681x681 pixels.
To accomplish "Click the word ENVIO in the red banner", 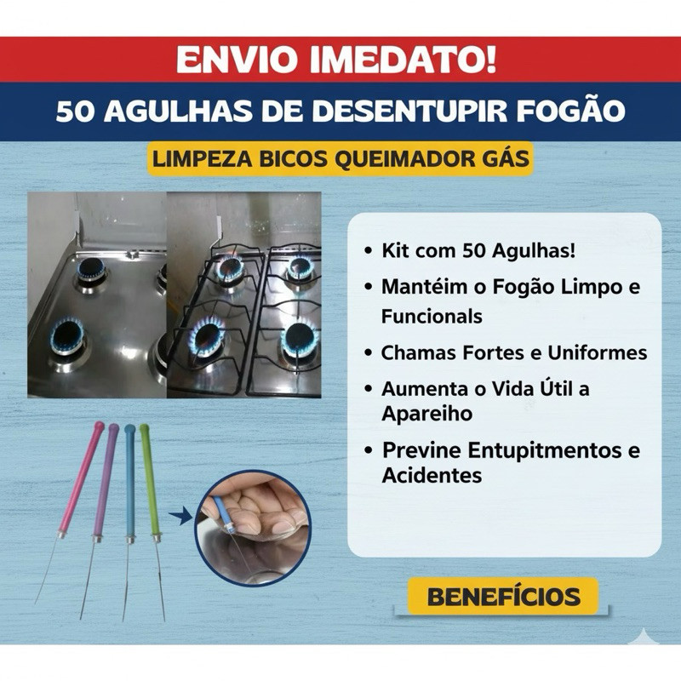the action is (238, 59).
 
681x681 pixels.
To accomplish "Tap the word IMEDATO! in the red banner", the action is (403, 59).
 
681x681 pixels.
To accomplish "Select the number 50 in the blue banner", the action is (75, 112).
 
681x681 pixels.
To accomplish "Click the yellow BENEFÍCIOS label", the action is (503, 597).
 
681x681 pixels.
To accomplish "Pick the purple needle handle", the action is (105, 481).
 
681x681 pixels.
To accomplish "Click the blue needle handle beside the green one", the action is (130, 482).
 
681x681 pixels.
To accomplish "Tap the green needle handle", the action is (150, 481).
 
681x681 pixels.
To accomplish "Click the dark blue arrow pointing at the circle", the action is (180, 516).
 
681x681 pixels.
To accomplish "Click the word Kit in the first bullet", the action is (396, 251).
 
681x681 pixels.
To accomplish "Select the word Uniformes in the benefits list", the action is (598, 352).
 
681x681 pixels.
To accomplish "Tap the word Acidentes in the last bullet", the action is (432, 476).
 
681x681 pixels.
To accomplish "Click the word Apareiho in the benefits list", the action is (427, 415).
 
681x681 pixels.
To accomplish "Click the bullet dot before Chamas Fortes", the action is (369, 353).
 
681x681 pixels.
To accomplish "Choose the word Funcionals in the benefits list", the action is (432, 317).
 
